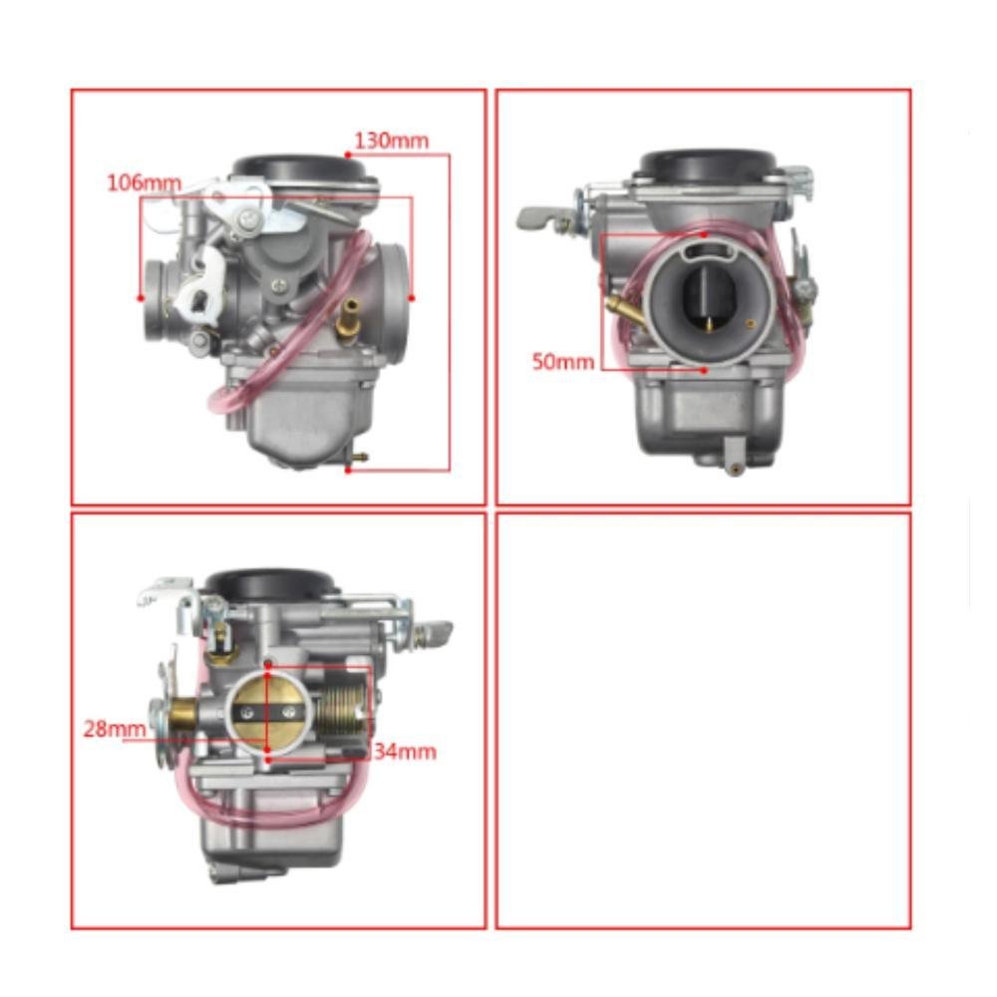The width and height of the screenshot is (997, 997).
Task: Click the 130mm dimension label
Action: click(391, 141)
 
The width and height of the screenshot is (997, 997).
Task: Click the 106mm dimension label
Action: click(145, 182)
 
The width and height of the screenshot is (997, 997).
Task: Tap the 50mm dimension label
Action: click(562, 361)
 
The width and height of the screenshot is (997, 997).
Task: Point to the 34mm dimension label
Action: click(404, 751)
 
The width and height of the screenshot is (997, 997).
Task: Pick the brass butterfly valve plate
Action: click(268, 711)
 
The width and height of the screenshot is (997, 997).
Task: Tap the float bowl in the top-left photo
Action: click(294, 419)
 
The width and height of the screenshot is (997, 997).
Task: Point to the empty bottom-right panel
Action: click(703, 721)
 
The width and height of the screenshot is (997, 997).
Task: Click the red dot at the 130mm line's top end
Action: click(347, 155)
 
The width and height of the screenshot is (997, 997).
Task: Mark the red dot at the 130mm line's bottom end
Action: click(348, 470)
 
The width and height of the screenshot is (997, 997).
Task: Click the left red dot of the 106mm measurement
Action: click(141, 297)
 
